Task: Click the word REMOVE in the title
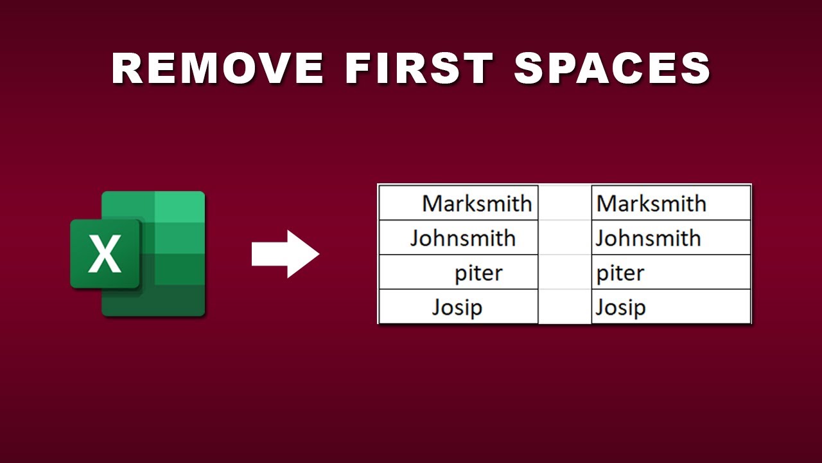(x=218, y=68)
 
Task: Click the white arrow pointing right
(x=285, y=254)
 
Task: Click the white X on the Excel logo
(x=105, y=254)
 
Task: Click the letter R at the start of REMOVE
(x=128, y=68)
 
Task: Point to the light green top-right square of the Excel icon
(x=179, y=206)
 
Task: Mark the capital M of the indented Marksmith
(x=433, y=204)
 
